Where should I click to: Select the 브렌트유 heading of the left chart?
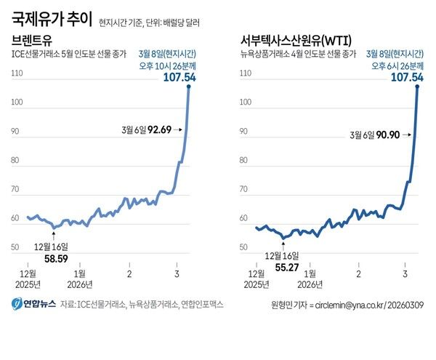point(33,39)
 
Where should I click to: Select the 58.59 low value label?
point(56,257)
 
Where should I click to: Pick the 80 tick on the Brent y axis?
point(17,161)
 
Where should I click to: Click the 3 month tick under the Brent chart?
point(177,273)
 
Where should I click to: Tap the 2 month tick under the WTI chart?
point(358,273)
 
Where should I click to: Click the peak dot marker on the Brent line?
point(189,87)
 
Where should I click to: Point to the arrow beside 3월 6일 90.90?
point(411,135)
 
